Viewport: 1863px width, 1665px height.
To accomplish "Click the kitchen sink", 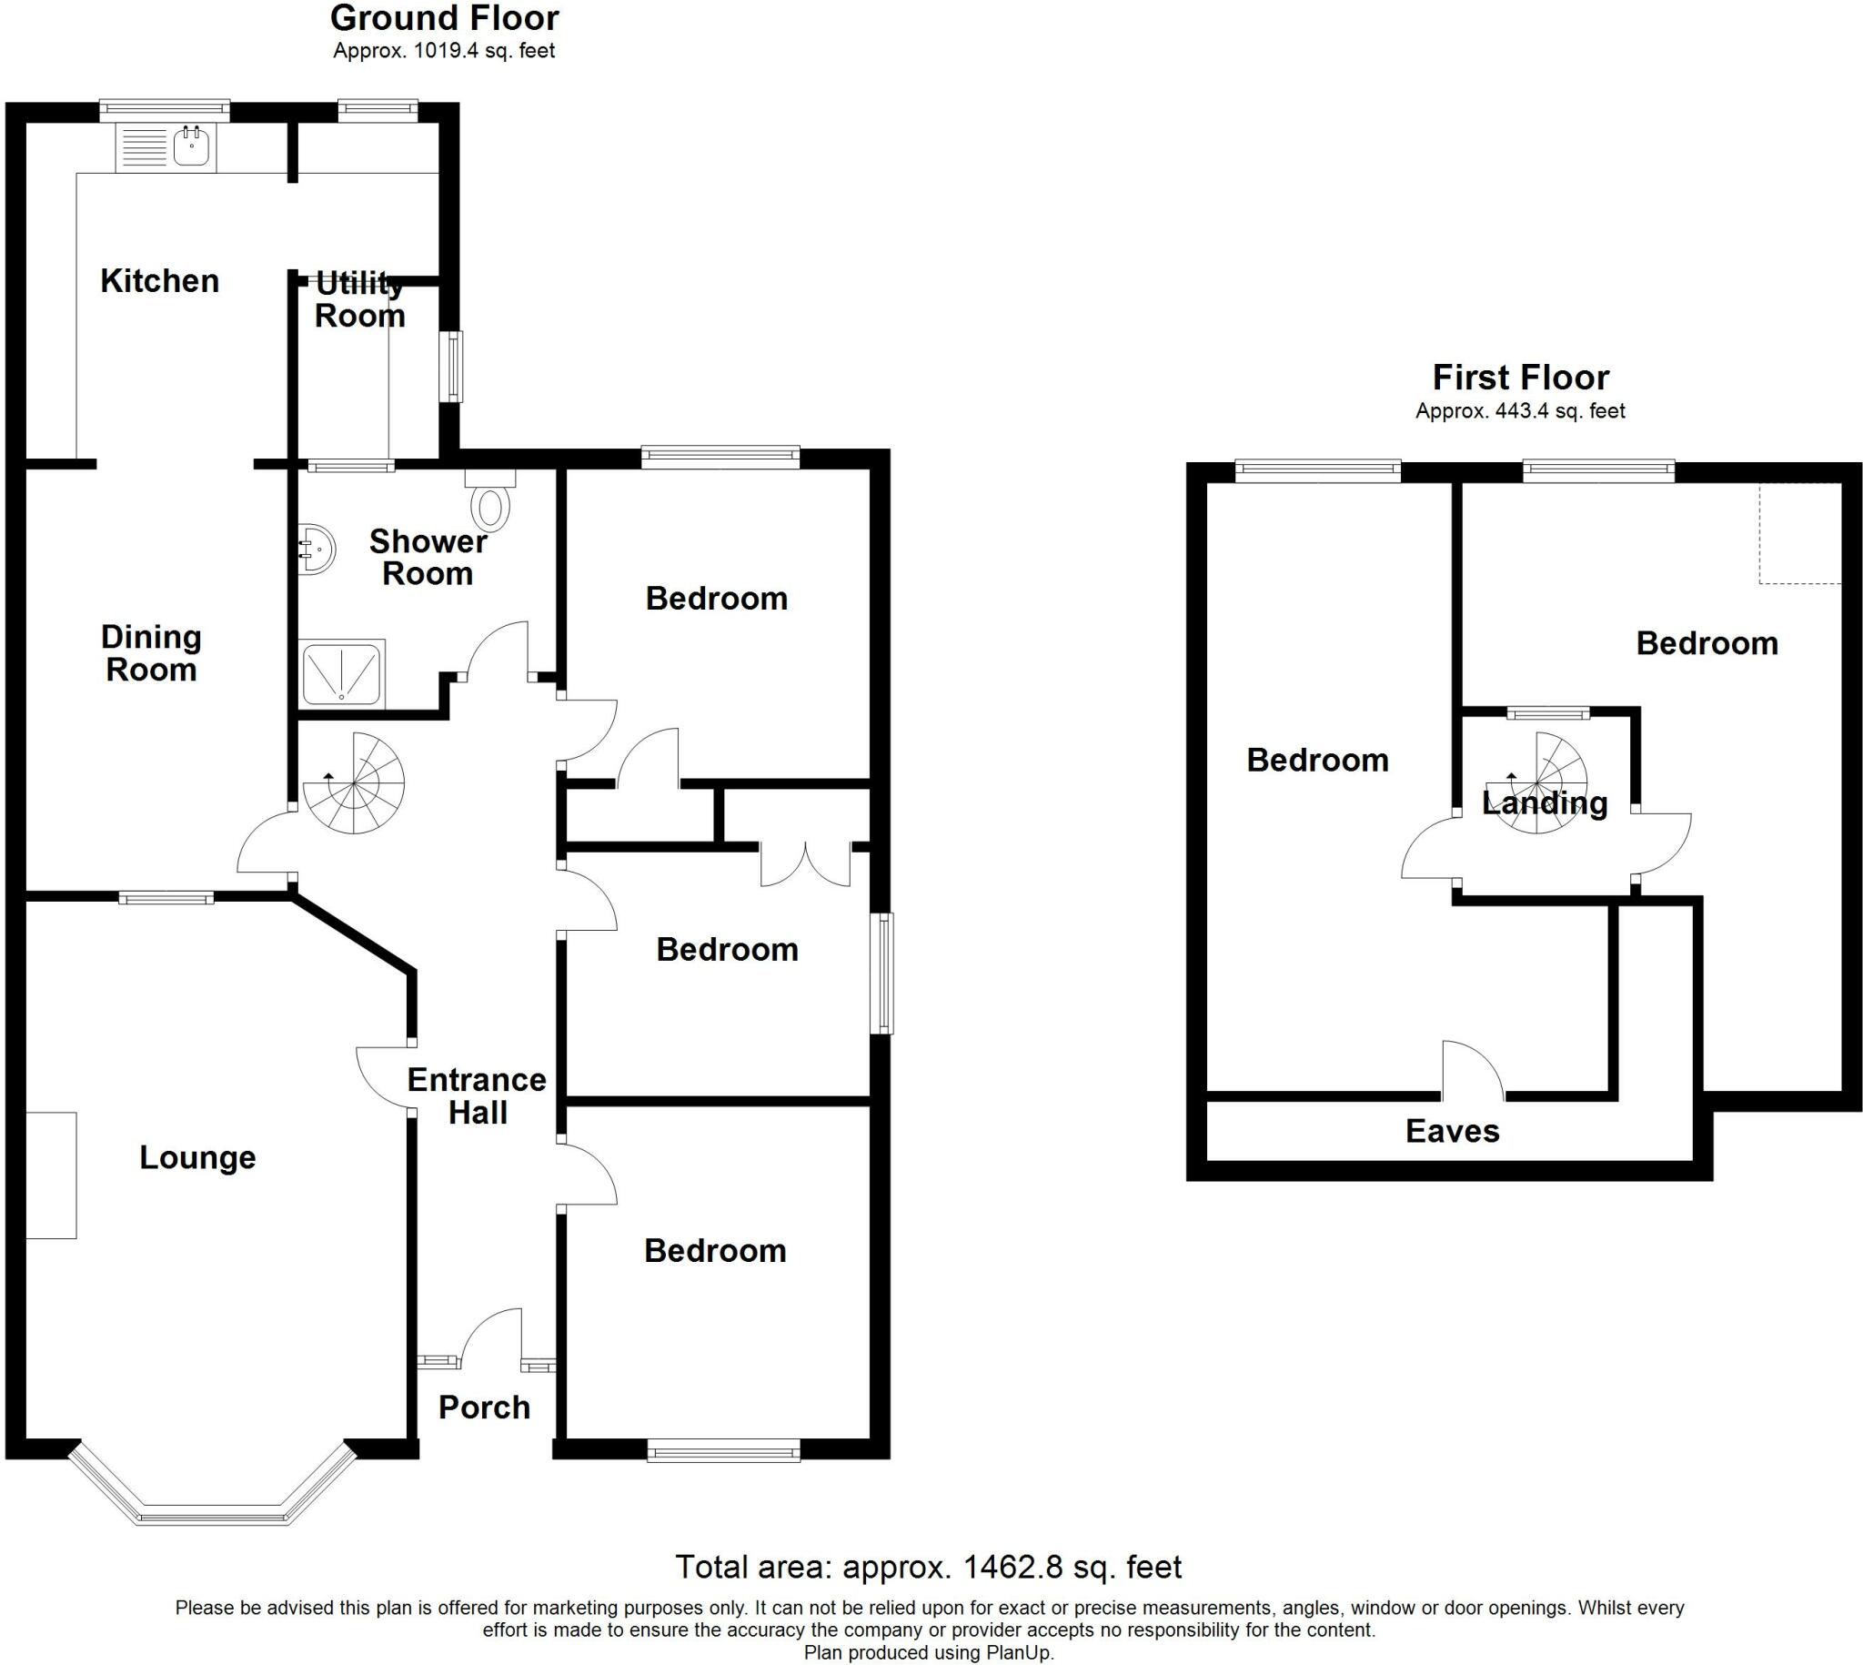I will (191, 146).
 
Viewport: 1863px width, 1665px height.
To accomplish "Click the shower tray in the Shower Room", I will (341, 674).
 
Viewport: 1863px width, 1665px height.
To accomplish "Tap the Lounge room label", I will (197, 1157).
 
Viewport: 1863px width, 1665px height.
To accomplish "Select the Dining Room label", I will (151, 653).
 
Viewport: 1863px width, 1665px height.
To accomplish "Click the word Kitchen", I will (160, 281).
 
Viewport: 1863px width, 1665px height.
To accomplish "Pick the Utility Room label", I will (359, 300).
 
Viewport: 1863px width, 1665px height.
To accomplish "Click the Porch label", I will (484, 1407).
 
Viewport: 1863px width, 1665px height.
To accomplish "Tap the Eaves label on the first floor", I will (1453, 1132).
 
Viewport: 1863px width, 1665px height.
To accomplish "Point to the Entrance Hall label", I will (477, 1096).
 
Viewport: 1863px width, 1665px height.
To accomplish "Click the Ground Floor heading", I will (445, 18).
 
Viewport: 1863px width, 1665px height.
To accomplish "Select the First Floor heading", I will (1520, 377).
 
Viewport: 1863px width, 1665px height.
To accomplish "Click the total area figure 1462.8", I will (1013, 1567).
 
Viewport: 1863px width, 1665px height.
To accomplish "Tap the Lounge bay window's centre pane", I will (212, 1518).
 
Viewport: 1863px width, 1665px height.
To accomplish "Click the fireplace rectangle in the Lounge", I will (50, 1176).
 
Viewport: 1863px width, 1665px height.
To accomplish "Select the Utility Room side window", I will (451, 366).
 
